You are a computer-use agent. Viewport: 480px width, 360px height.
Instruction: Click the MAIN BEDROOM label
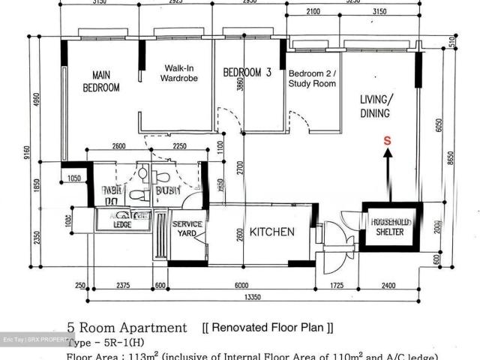[x=100, y=81]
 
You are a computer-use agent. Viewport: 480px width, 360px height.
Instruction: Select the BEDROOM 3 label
[x=247, y=73]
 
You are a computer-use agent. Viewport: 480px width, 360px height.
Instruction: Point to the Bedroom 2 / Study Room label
[x=312, y=78]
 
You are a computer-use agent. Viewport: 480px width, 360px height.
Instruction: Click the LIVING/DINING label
[x=375, y=106]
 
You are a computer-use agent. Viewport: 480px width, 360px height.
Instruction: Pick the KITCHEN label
[x=271, y=232]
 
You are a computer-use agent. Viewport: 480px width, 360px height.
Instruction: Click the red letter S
[x=387, y=140]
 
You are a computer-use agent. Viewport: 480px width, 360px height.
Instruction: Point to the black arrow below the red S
[x=387, y=172]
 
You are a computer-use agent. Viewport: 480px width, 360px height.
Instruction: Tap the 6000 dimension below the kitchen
[x=240, y=286]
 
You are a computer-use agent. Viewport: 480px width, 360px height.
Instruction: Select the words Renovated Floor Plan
[x=268, y=328]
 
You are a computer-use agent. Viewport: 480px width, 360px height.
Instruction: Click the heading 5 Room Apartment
[x=127, y=328]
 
